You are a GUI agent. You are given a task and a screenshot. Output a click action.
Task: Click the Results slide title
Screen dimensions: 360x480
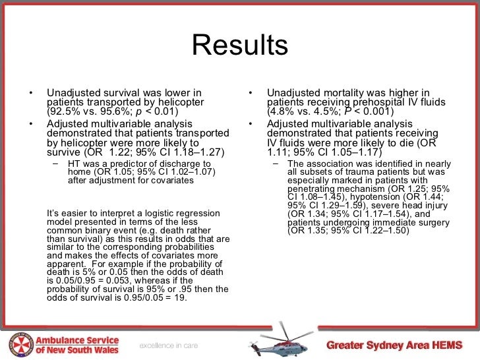pos(240,45)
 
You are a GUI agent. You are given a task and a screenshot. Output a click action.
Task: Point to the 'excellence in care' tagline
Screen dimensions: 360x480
pos(167,345)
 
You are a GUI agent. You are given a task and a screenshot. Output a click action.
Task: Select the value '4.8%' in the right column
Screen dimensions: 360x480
pos(282,111)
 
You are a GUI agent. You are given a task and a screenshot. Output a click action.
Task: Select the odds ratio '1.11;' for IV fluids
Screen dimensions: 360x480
pos(279,152)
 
